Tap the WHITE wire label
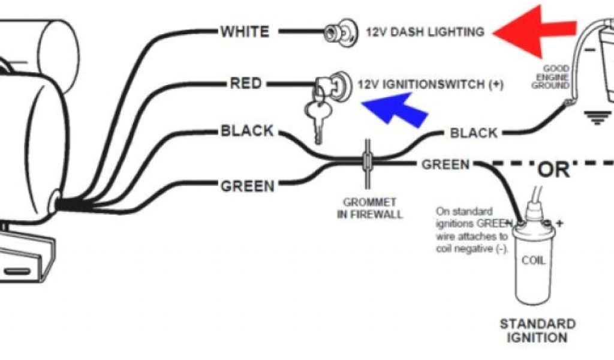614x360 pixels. click(245, 31)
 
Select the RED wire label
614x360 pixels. click(246, 83)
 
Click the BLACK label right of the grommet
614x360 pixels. click(474, 133)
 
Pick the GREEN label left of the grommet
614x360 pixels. click(248, 186)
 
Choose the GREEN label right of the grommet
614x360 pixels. click(446, 164)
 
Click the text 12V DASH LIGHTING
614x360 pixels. click(425, 32)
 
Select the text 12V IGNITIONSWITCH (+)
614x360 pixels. click(430, 85)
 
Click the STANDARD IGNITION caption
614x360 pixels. click(537, 331)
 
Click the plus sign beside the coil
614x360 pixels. click(561, 223)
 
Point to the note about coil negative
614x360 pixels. click(472, 230)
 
